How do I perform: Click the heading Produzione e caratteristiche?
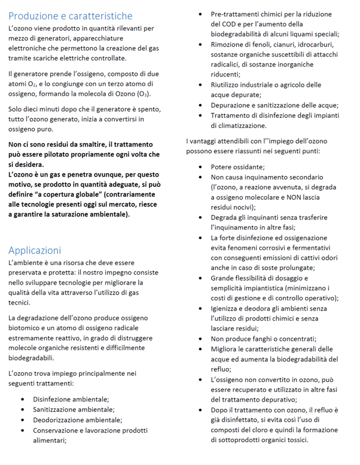click(x=71, y=16)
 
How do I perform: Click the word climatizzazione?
click(x=239, y=126)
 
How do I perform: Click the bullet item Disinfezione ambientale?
click(x=71, y=399)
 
